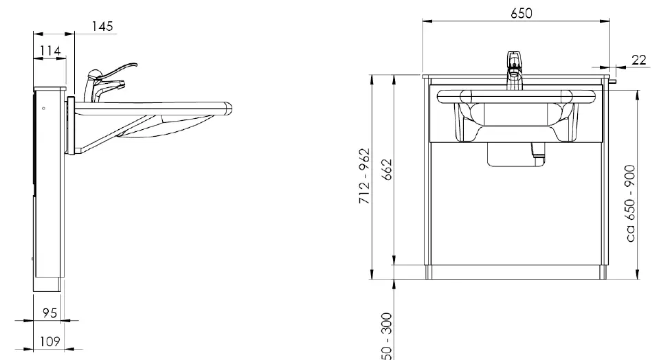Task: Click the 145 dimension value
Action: point(102,26)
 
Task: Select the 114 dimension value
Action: point(50,51)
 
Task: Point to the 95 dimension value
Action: point(49,313)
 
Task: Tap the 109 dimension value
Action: point(50,341)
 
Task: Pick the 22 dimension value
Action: point(638,60)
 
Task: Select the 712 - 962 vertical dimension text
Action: point(366,177)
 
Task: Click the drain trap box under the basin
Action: point(511,155)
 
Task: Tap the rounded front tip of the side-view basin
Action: point(229,107)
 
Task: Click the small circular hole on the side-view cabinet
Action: point(43,108)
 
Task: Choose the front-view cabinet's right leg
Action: point(605,271)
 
